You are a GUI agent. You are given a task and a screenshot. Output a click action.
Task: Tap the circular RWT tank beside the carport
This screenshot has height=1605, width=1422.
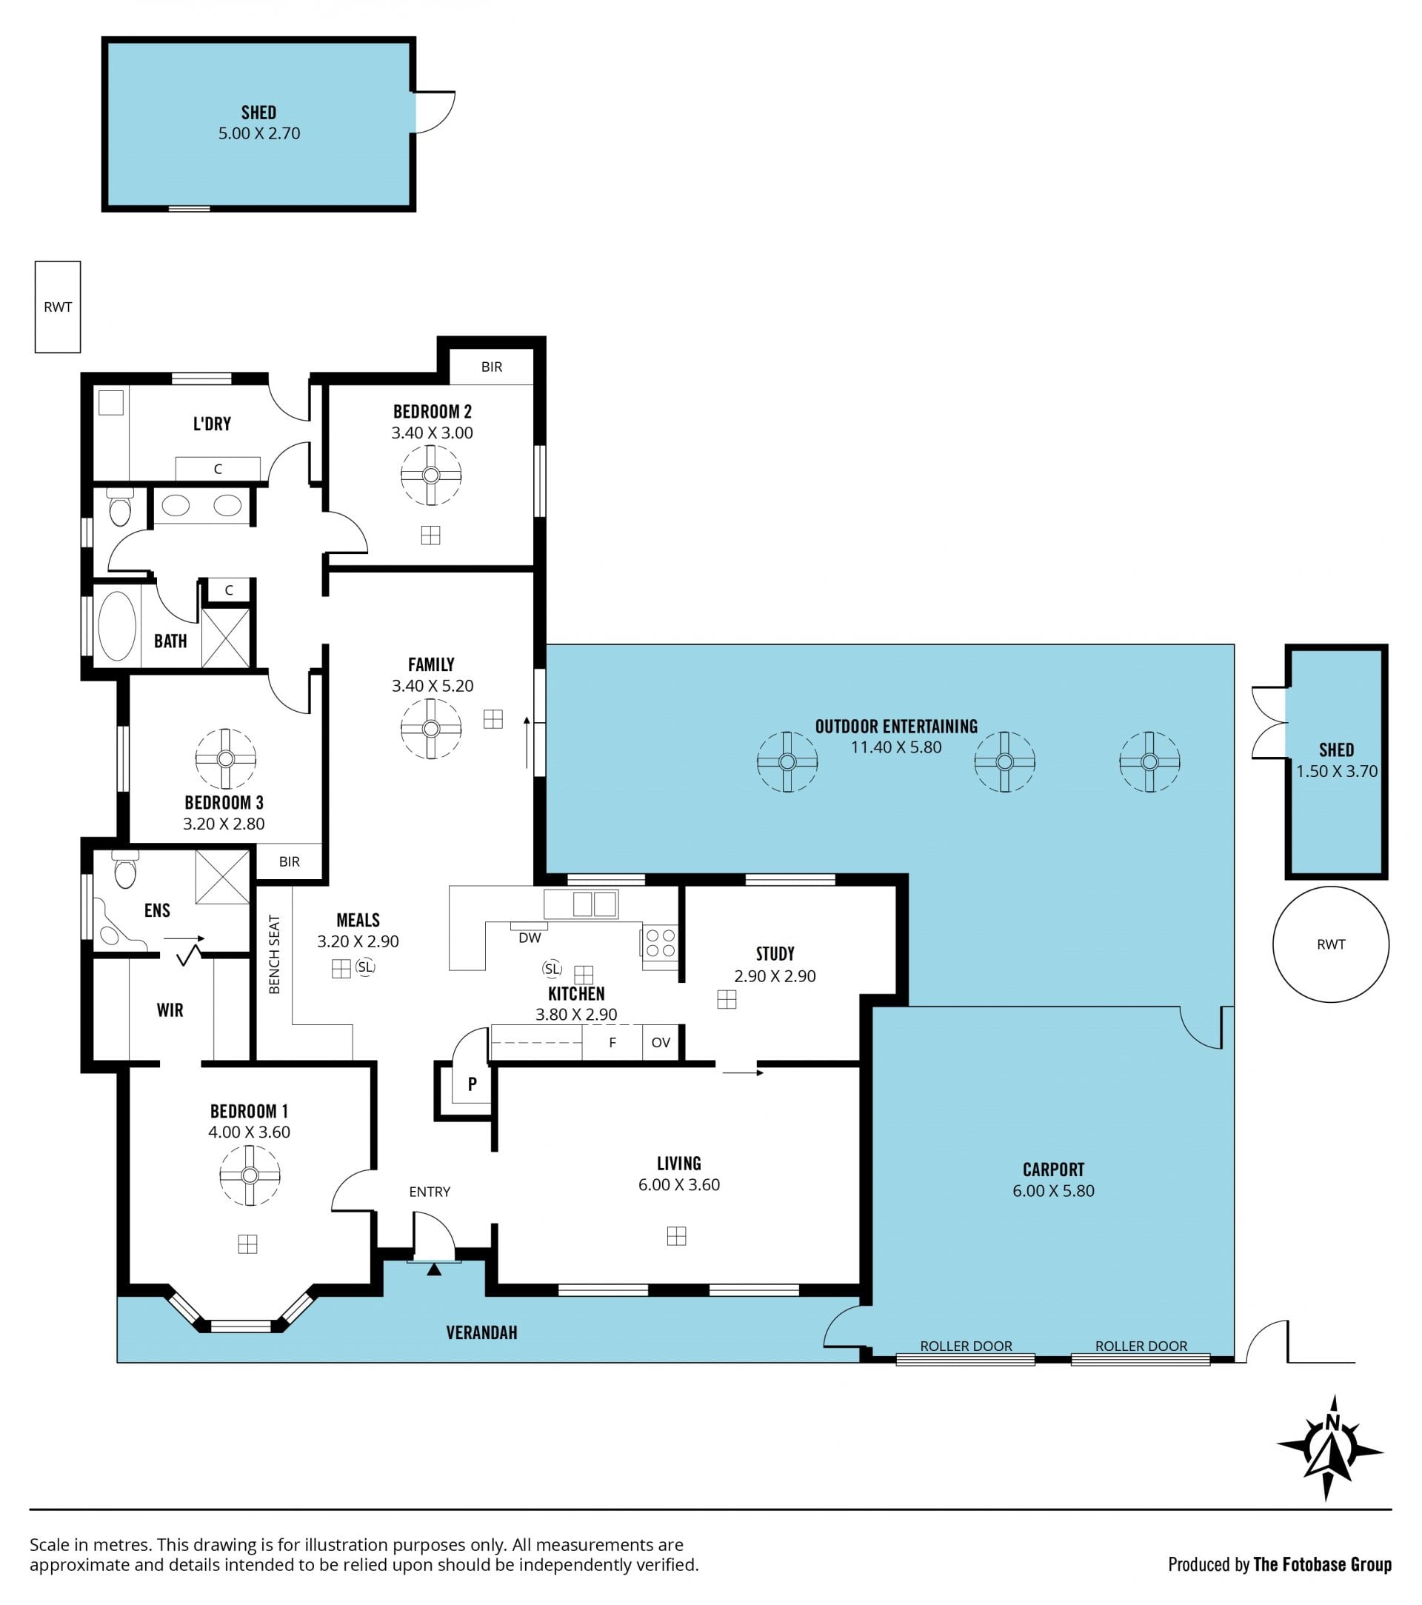point(1330,944)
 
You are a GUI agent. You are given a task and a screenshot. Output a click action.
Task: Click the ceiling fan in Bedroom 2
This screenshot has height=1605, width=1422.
point(430,475)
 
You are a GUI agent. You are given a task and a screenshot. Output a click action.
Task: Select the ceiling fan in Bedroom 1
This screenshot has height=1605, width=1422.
point(250,1175)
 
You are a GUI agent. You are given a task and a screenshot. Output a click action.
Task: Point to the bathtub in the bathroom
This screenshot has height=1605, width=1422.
point(117,626)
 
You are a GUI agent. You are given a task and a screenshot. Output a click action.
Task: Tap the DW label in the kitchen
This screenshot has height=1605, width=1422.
point(530,938)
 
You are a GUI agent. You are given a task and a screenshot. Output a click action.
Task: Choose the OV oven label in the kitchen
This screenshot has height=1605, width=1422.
point(661,1043)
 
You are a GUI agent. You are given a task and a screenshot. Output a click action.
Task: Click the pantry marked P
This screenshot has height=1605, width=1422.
point(472,1084)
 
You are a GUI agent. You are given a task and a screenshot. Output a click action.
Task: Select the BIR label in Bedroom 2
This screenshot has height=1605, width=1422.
point(492,367)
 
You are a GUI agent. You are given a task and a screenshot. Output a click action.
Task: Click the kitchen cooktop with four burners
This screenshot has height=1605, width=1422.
point(660,943)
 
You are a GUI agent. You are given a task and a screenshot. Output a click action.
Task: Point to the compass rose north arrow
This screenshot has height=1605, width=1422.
point(1330,1449)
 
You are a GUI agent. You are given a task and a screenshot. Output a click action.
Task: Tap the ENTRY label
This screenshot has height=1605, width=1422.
point(430,1192)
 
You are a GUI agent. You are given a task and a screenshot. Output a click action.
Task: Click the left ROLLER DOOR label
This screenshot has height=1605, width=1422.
point(966,1346)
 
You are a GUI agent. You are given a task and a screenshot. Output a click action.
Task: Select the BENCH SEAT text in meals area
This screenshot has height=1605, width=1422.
point(274,955)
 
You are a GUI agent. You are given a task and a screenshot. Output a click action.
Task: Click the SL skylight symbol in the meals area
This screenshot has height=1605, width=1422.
point(365,967)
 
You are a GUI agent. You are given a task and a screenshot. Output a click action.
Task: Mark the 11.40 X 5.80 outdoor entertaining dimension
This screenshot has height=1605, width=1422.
point(896,747)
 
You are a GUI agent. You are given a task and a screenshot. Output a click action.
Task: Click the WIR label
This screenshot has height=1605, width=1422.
point(170,1010)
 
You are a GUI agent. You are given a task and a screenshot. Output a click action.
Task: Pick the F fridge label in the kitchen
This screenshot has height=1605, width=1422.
point(612,1043)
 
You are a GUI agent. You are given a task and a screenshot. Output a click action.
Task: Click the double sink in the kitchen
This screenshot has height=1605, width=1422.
point(594,904)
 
